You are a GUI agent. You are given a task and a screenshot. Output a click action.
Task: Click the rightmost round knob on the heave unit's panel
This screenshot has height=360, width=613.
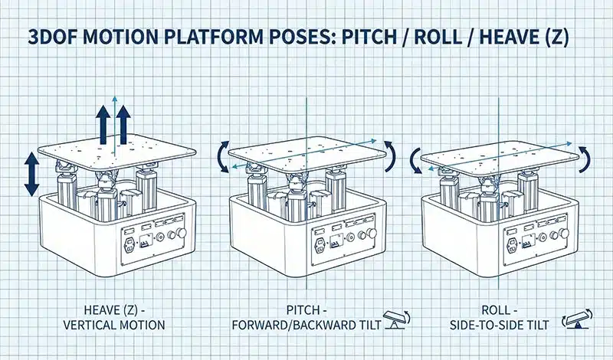pos(182,234)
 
